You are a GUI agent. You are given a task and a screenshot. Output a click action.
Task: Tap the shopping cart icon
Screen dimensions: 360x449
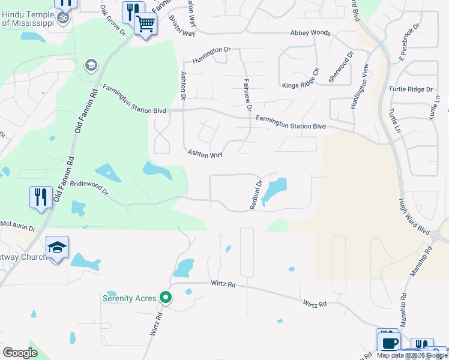tap(145, 24)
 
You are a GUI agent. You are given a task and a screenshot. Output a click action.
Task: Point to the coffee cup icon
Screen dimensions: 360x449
tap(388, 343)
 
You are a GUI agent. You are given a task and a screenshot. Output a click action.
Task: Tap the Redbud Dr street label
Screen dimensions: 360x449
tap(256, 195)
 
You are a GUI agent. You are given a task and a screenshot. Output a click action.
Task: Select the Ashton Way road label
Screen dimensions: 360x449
tap(205, 154)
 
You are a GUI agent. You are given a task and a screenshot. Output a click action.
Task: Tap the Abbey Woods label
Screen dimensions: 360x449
tap(310, 33)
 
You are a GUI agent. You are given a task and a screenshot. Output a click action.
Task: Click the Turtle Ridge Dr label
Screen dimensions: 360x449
tap(411, 89)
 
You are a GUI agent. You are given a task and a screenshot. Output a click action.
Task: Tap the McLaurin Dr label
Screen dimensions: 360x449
tap(17, 229)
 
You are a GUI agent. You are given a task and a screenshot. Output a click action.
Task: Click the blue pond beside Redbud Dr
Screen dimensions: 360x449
tap(274, 191)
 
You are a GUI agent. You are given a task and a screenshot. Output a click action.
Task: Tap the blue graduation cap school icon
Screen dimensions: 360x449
tap(58, 248)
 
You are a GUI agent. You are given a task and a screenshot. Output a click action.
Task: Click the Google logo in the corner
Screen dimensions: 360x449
tap(20, 352)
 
